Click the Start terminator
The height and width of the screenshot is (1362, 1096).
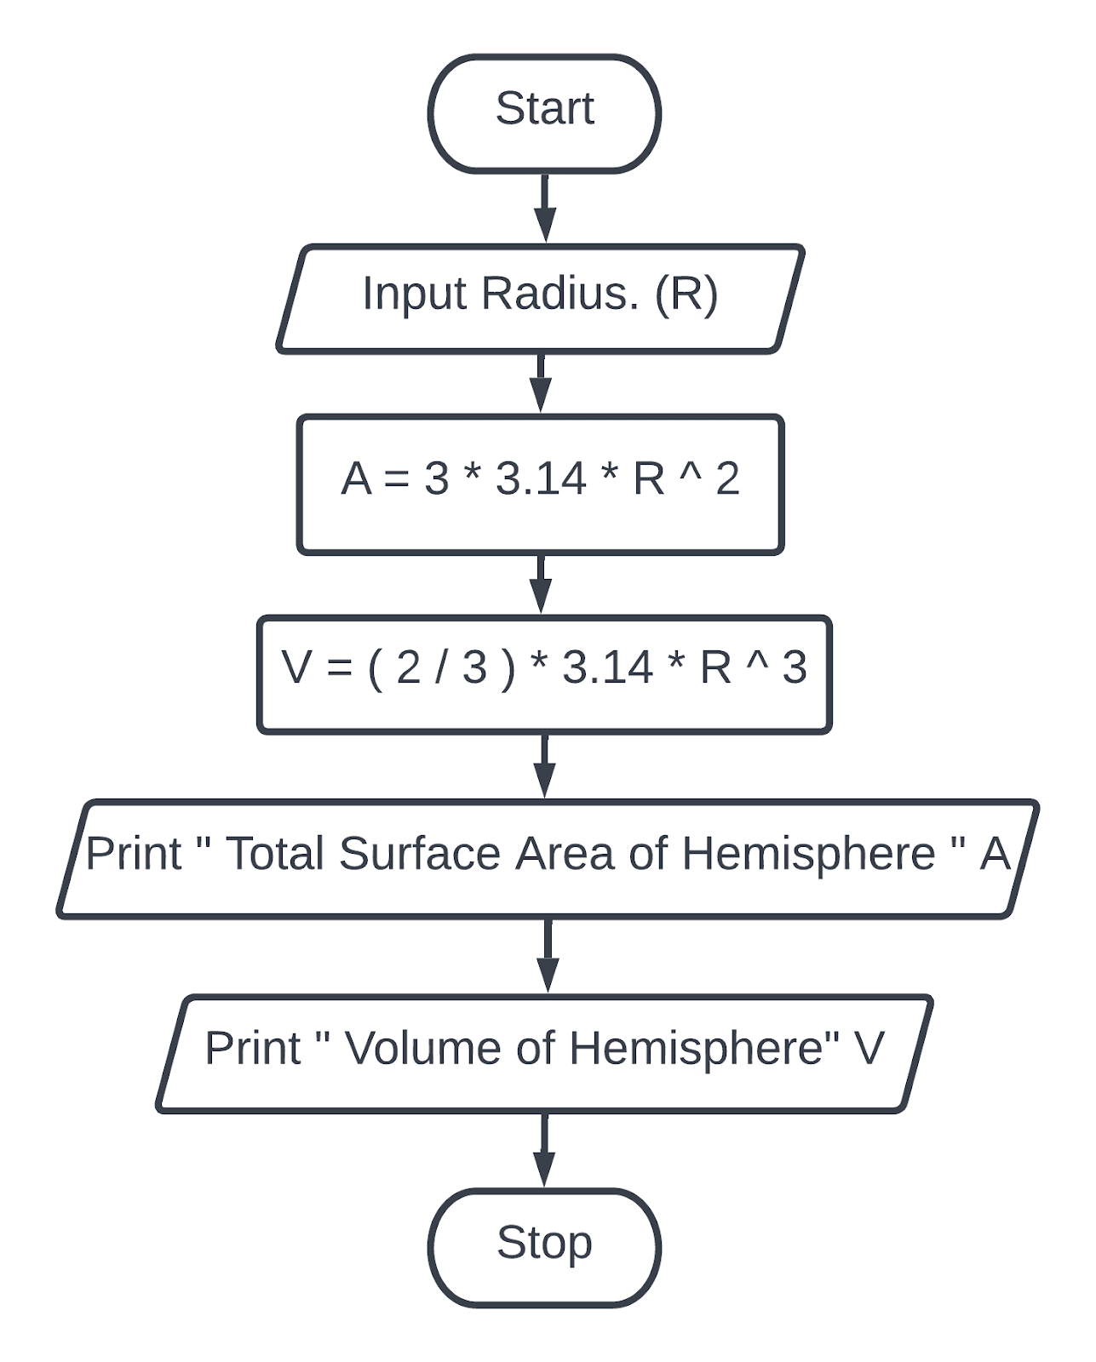tap(544, 114)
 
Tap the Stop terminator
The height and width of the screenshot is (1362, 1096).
tap(544, 1247)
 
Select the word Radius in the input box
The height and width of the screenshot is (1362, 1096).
tap(559, 294)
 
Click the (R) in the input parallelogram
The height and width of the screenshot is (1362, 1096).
tap(686, 294)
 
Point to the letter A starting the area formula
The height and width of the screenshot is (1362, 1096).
tap(356, 478)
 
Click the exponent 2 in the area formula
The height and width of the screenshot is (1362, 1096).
tap(727, 478)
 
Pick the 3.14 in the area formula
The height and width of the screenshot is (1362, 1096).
tap(541, 478)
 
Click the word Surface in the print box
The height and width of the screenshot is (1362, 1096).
tap(419, 854)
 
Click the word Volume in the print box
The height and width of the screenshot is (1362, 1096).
tap(423, 1048)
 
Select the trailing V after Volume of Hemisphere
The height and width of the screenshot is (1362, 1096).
tap(869, 1048)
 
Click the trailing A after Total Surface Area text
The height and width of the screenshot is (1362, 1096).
tap(994, 854)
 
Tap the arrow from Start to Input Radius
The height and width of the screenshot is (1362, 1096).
tap(545, 208)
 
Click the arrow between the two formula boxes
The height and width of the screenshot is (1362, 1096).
tap(541, 584)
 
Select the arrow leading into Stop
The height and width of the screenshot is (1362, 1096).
tap(544, 1149)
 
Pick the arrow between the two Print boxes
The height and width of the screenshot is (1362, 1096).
tap(548, 955)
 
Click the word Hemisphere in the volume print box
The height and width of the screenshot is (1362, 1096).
tap(697, 1048)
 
